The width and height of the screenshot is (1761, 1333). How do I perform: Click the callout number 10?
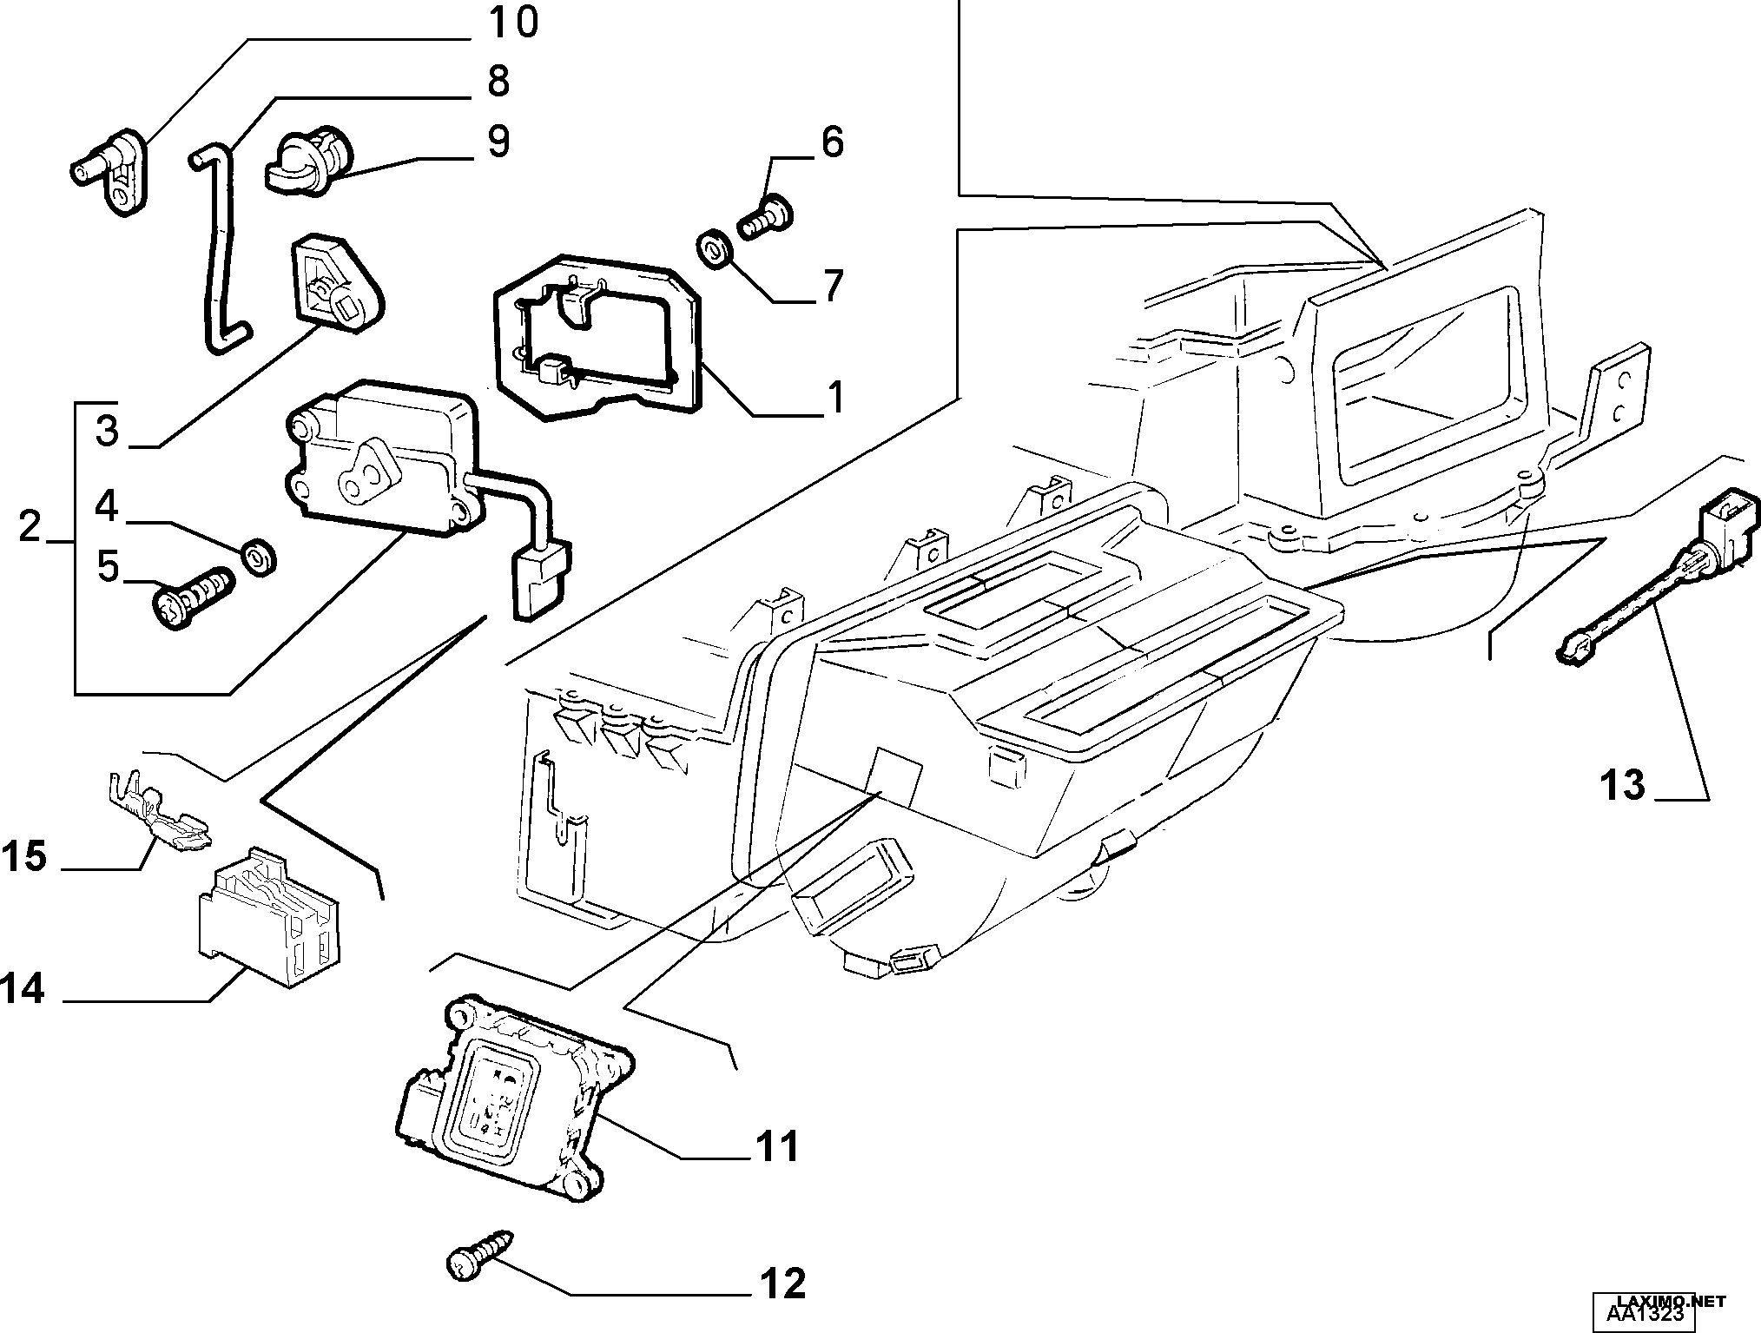512,23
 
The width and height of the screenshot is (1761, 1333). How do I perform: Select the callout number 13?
1623,785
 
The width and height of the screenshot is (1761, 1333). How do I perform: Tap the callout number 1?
834,398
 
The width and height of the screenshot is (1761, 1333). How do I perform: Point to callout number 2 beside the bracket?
30,526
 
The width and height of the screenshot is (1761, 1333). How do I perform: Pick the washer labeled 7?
716,249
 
